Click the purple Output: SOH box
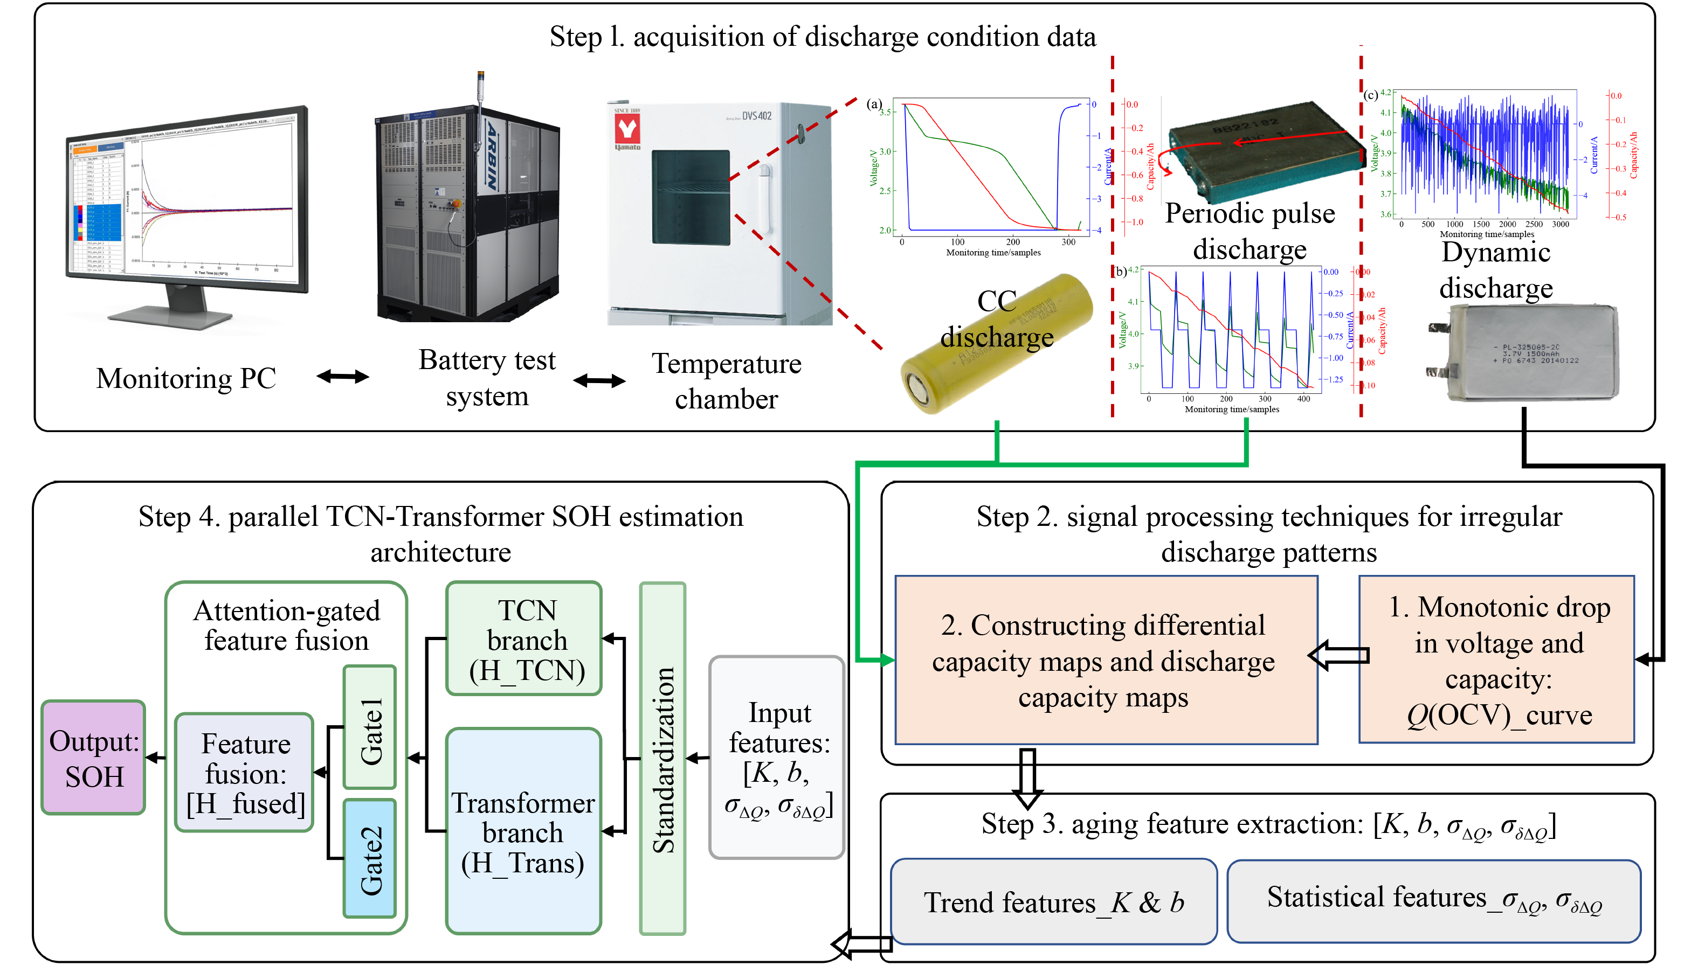[93, 758]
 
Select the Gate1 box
[370, 727]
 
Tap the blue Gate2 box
[370, 858]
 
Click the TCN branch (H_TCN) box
[524, 639]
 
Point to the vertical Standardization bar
[662, 758]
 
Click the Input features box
[777, 758]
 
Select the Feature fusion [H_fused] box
[245, 773]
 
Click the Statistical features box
[1433, 901]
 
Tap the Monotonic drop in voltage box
[1497, 660]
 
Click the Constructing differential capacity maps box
[1106, 660]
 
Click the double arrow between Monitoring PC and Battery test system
[343, 377]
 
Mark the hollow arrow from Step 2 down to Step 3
[1027, 777]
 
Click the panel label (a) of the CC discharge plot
[874, 104]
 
